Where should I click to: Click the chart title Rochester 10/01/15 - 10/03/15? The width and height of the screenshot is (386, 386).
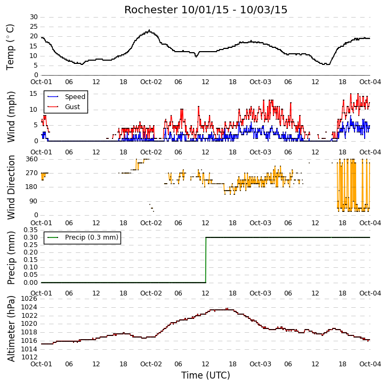(x=206, y=10)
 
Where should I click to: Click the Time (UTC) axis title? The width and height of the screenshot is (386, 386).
(x=206, y=375)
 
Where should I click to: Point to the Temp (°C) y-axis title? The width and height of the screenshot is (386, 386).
(x=10, y=47)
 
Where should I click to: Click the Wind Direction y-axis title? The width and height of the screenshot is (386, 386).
(x=11, y=187)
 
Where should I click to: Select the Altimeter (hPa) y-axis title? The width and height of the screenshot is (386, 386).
(x=11, y=328)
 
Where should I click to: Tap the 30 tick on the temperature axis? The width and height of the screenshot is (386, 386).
(x=34, y=17)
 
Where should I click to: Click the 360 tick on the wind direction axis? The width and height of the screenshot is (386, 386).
(x=32, y=159)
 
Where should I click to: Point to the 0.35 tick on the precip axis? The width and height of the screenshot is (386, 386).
(x=30, y=230)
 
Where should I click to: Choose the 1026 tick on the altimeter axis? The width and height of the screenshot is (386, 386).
(x=29, y=299)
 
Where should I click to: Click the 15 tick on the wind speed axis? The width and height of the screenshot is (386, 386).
(x=34, y=94)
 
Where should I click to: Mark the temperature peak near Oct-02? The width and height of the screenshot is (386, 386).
(x=149, y=30)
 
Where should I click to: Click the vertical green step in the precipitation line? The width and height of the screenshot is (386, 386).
(x=206, y=260)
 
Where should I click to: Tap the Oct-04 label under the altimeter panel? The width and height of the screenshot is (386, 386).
(x=370, y=364)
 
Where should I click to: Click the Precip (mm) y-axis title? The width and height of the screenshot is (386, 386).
(x=11, y=258)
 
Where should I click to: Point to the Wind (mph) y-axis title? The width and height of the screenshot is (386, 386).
(x=11, y=117)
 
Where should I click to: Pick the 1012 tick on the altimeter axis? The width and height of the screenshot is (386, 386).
(x=29, y=357)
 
